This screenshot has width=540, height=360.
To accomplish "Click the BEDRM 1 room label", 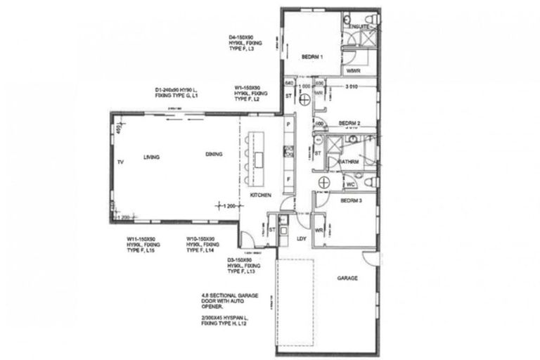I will (x=312, y=57).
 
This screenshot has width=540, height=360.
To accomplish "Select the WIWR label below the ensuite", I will (x=353, y=71).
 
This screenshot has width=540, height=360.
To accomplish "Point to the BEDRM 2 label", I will (x=349, y=123).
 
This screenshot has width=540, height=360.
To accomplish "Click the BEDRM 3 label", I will (x=351, y=200).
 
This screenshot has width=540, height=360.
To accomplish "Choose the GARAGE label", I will (x=347, y=278).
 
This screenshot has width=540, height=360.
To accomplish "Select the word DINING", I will (x=214, y=155).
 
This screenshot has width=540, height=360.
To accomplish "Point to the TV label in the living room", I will (x=121, y=162).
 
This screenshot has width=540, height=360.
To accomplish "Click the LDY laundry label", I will (x=302, y=238).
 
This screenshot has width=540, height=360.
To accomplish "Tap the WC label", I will (x=350, y=185).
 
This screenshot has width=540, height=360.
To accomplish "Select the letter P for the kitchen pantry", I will (x=288, y=124).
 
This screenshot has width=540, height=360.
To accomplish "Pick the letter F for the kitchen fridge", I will (x=288, y=179).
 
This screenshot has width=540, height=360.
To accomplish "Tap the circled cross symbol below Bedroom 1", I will (x=304, y=101).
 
